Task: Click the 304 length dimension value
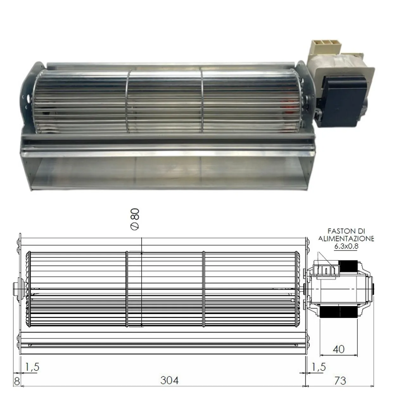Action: point(169,380)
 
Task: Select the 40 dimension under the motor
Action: point(339,349)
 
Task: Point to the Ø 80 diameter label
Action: point(135,219)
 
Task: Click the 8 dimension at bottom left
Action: point(17,381)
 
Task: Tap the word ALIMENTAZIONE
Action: point(346,239)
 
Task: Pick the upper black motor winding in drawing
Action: point(348,266)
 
